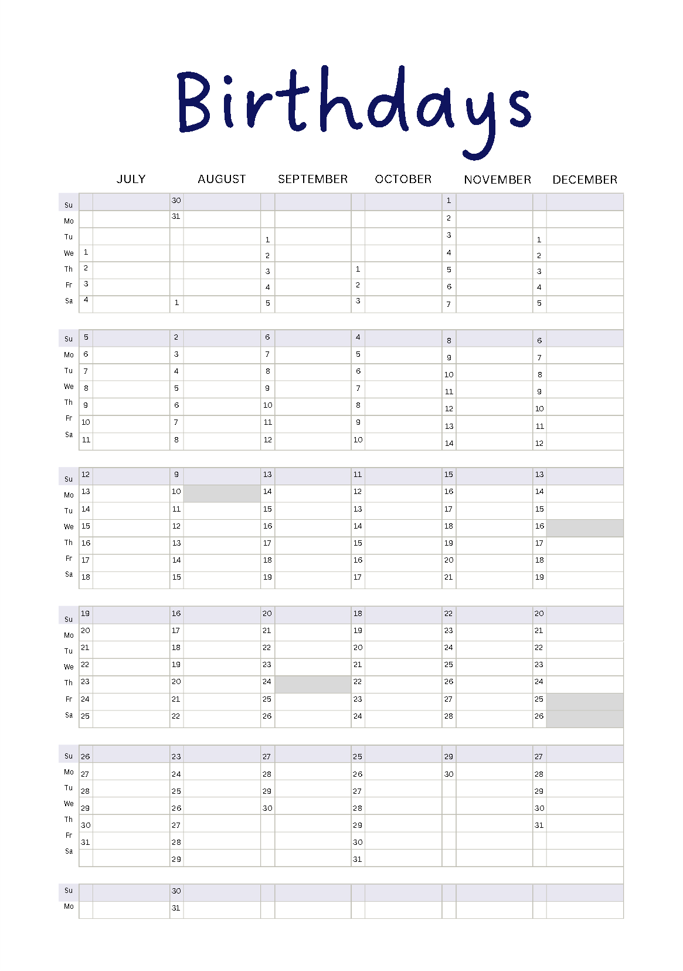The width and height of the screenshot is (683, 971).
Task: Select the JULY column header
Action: click(x=131, y=179)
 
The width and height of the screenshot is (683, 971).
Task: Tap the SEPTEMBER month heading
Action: click(x=312, y=179)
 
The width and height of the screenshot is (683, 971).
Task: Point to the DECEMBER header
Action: click(x=585, y=180)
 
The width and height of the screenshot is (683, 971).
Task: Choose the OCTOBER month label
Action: click(x=403, y=179)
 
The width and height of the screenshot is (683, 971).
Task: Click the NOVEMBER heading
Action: click(x=497, y=180)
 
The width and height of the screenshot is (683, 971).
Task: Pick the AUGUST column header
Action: click(x=222, y=179)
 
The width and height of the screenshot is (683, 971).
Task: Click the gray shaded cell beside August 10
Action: click(x=222, y=493)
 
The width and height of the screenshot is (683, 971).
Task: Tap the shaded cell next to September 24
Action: click(x=312, y=684)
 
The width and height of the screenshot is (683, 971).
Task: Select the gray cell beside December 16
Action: click(x=585, y=528)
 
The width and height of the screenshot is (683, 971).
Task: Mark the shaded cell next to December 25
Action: click(x=585, y=702)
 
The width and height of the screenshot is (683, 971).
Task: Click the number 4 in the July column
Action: click(x=86, y=300)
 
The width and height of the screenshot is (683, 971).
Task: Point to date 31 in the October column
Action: click(x=358, y=859)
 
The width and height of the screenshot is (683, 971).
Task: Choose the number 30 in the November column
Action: click(x=448, y=774)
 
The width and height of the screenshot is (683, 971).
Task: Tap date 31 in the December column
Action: click(x=539, y=825)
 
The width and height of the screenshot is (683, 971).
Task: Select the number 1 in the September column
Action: click(x=267, y=239)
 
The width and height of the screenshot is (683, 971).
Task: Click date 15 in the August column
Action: click(x=176, y=577)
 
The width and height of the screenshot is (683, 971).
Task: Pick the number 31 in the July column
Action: click(x=86, y=842)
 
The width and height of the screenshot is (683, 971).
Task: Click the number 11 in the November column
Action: click(x=448, y=391)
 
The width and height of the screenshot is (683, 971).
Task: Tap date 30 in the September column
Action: click(x=267, y=808)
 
